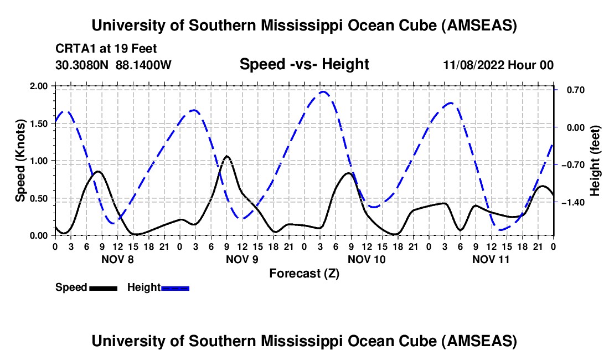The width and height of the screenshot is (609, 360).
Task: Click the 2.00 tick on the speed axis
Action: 39,86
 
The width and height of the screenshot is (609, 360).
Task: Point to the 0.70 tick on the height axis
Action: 571,90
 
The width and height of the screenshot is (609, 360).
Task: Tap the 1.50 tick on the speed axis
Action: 39,124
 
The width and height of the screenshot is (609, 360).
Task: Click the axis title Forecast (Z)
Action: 304,273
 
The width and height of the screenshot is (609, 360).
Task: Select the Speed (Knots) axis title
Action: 20,160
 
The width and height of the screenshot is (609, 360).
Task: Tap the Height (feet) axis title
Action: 595,160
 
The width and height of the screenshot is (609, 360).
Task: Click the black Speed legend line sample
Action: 103,287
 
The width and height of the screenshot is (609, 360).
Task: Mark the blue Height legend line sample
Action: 176,287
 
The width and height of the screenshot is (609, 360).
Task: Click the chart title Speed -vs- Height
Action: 304,64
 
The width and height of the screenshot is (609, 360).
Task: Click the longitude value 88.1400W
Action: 143,65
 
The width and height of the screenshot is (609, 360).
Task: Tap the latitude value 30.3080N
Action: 83,65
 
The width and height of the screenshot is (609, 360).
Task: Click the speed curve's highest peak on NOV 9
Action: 226,156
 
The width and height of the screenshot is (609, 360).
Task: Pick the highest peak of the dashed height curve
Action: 323,91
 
